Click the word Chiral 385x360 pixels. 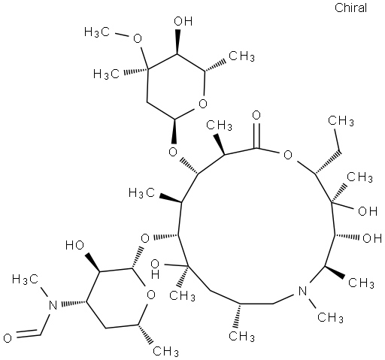350,8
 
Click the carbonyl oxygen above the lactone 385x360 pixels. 256,116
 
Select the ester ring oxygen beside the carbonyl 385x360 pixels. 288,155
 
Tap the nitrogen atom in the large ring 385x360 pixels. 303,292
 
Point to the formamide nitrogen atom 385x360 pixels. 53,305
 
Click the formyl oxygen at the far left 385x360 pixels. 8,338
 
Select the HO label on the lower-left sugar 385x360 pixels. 74,245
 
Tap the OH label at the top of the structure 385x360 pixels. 183,22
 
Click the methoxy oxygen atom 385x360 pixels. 137,38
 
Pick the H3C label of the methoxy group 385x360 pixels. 97,32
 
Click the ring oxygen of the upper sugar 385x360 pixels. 202,103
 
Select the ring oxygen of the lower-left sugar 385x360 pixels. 150,295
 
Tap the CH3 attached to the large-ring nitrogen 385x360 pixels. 330,317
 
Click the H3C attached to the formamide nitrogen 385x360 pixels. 25,280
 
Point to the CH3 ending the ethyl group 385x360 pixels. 341,121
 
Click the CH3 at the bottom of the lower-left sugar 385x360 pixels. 165,351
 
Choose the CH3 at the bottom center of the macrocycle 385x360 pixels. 242,336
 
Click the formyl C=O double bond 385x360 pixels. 27,333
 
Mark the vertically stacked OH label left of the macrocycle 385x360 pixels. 155,269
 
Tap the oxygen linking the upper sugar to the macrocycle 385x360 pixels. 173,152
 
